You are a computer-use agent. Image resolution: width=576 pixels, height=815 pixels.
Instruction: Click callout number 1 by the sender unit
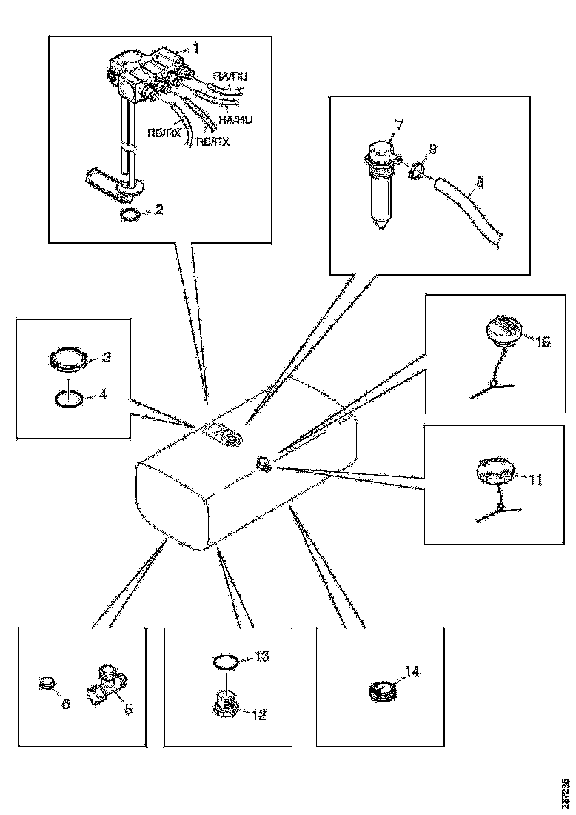pos(196,48)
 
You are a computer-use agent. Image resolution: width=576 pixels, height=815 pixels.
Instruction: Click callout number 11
pos(536,480)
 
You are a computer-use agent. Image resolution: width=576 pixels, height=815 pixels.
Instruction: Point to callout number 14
pos(412,672)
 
